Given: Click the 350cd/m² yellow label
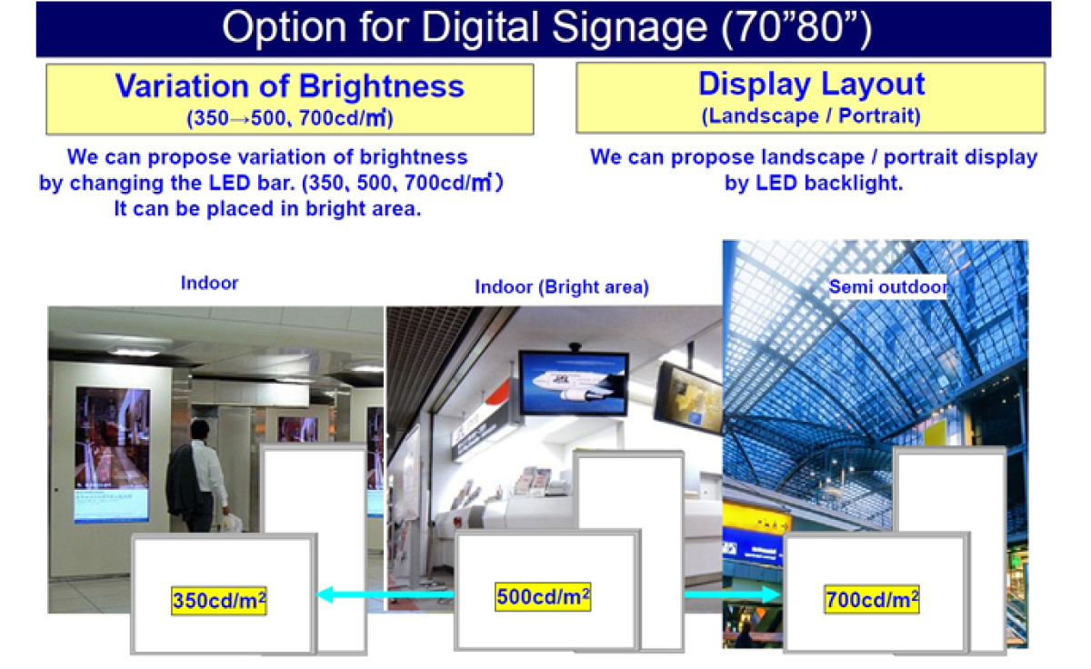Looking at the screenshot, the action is [x=219, y=600].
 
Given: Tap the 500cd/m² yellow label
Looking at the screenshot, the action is [x=543, y=596].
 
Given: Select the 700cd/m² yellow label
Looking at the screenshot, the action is [x=872, y=599].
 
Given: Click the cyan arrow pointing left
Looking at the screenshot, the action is [x=385, y=594].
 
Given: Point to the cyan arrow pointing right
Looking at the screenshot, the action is [x=732, y=594].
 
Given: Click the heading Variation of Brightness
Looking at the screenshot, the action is [x=290, y=86].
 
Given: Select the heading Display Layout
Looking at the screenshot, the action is [x=811, y=84].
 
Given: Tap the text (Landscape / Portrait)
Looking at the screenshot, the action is [x=811, y=115].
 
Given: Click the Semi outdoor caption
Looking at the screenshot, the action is [x=888, y=287].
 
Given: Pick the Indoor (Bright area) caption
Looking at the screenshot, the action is [x=562, y=287].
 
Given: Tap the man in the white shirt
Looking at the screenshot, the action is [x=199, y=475].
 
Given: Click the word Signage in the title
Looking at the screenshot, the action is [x=629, y=27].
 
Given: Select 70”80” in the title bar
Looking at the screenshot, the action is [x=797, y=27].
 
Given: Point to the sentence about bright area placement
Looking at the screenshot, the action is [x=267, y=209].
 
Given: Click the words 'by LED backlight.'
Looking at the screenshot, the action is [x=814, y=183].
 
